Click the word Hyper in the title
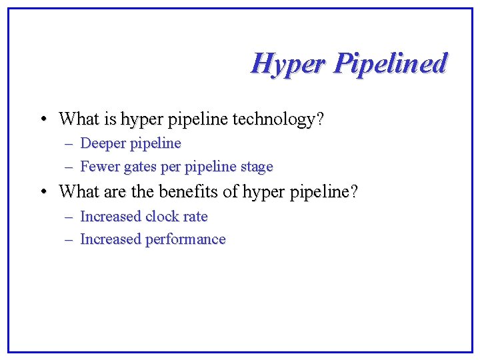tap(288, 65)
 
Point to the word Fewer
tap(98, 166)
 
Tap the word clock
tap(162, 217)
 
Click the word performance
tap(185, 239)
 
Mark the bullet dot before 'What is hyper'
tap(42, 120)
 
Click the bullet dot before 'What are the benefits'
tap(42, 192)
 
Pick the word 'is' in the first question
tap(110, 120)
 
